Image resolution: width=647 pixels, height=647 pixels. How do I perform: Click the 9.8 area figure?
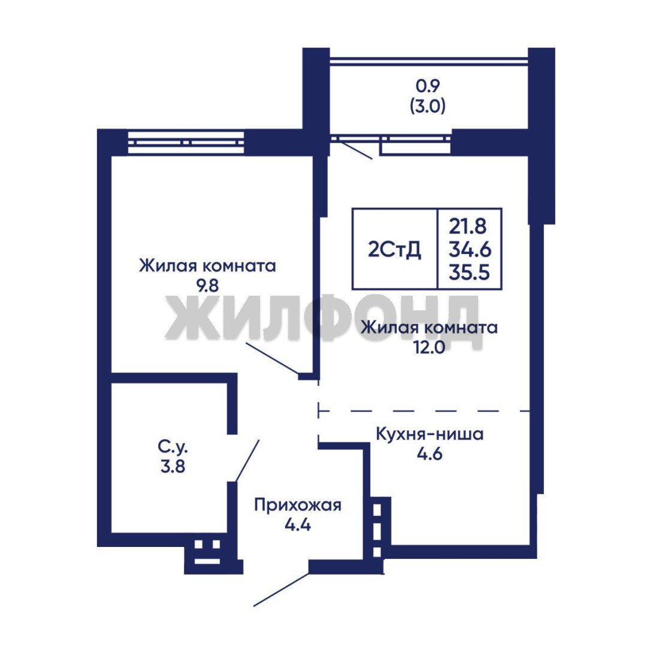207,286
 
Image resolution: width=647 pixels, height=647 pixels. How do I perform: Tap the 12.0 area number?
429,347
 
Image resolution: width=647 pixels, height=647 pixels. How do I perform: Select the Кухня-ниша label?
430,434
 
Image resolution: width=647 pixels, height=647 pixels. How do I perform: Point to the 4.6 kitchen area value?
430,454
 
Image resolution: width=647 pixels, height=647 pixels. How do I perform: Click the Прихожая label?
298,506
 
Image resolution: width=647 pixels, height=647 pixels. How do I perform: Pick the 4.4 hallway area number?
298,525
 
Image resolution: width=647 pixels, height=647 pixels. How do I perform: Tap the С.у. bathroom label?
173,447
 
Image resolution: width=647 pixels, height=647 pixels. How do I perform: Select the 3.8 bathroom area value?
173,467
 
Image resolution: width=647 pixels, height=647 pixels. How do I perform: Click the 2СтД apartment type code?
394,250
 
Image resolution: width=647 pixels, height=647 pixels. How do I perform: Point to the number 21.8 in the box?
468,226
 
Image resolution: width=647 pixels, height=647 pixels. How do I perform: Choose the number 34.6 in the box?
470,249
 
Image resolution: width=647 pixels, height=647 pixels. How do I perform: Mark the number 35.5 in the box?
470,273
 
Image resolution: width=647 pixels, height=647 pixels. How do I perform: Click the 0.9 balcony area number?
428,86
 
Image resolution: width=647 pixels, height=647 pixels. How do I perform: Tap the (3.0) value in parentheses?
428,107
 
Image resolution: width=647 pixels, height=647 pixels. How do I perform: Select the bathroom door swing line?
247,461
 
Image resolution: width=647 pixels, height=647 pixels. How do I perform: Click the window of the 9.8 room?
186,143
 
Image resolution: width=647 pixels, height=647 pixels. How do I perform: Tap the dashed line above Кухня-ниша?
424,411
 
